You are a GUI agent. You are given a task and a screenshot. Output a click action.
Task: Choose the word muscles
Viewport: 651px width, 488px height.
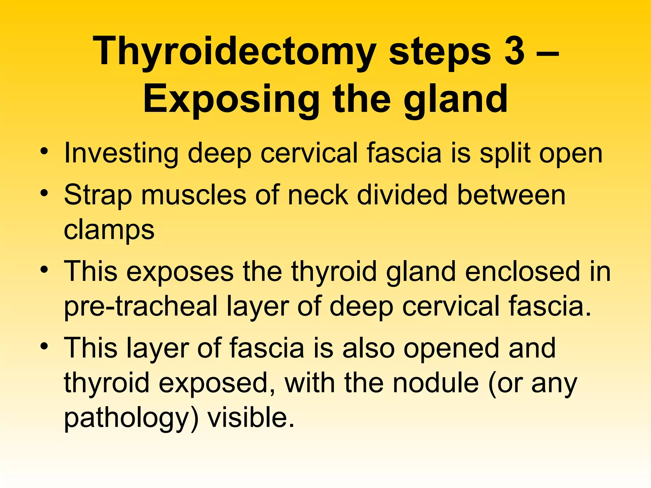[x=194, y=195]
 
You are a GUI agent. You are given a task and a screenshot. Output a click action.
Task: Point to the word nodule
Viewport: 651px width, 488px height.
[x=435, y=383]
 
